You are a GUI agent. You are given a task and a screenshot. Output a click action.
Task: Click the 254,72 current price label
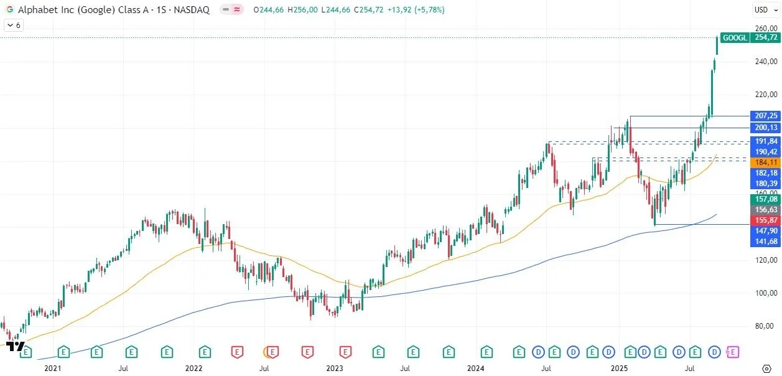coord(765,37)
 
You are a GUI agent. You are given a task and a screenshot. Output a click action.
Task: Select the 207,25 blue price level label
coord(765,116)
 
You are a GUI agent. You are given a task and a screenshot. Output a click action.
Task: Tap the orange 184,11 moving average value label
coord(765,162)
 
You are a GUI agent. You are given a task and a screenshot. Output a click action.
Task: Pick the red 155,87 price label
coord(765,220)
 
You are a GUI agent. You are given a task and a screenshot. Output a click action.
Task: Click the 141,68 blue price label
coord(765,242)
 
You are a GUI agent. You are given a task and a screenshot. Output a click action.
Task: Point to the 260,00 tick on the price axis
coord(765,29)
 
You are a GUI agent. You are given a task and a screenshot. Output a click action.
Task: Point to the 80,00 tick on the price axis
coord(765,326)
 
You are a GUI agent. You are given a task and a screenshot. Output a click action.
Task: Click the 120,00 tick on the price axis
coord(765,260)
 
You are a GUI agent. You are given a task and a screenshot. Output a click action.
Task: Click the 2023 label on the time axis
coord(335,369)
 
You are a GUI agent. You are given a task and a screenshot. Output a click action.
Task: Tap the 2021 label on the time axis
coord(53,369)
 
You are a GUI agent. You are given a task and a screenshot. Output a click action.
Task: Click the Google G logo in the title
coord(9,10)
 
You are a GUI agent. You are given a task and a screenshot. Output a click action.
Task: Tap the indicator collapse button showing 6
coord(14,25)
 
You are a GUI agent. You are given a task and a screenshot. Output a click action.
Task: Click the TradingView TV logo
coord(17,347)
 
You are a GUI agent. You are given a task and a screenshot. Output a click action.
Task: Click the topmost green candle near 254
coord(717,45)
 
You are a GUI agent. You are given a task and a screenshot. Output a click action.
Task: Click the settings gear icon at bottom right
coord(766,369)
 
